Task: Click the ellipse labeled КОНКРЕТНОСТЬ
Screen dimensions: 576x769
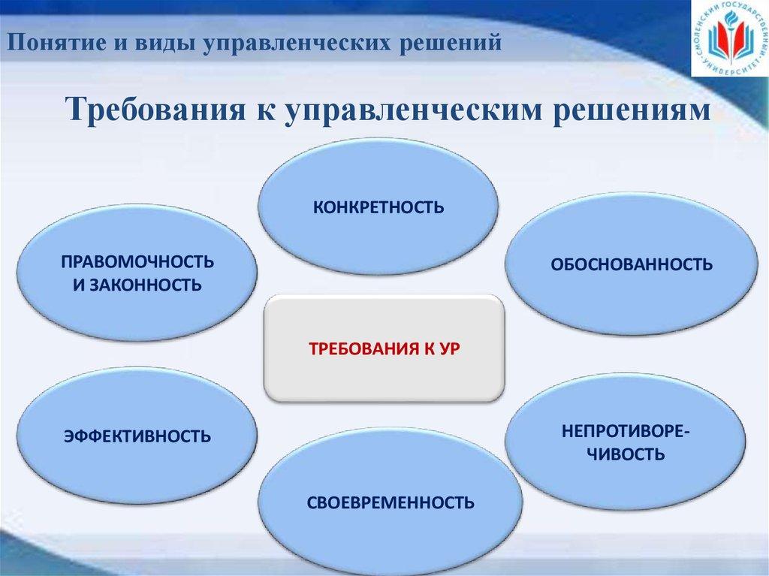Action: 378,206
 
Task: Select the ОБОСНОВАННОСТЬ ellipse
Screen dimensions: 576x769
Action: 631,264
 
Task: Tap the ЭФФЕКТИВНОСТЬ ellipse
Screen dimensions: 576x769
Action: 137,436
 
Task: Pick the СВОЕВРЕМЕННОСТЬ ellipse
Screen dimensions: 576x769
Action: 391,502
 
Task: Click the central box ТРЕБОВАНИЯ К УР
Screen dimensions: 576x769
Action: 384,348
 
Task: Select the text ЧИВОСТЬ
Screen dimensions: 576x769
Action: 625,454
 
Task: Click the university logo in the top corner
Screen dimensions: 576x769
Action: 729,39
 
